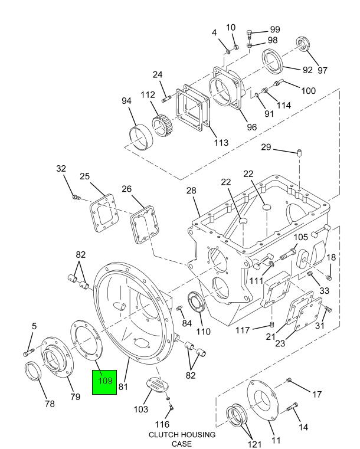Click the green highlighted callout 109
(104, 382)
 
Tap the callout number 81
(123, 386)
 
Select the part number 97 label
(322, 70)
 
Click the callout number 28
(191, 191)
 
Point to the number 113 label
(221, 142)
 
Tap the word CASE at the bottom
(182, 444)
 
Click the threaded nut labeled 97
(302, 44)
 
